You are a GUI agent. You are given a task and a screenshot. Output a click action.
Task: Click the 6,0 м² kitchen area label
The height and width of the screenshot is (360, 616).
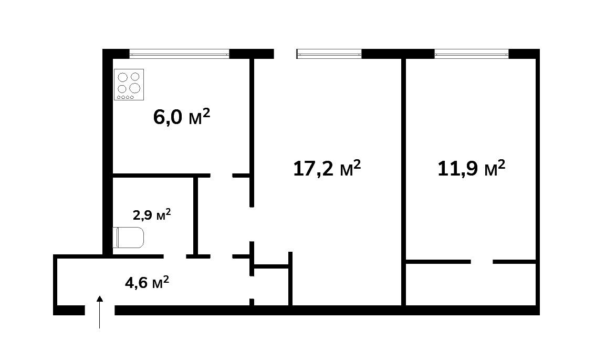point(182,117)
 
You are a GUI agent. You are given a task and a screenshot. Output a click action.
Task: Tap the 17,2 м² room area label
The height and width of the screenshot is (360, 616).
point(327,168)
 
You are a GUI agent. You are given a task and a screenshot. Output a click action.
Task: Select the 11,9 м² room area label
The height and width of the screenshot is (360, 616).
point(471,168)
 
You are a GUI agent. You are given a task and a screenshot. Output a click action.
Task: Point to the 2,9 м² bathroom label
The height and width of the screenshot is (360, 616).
point(152,214)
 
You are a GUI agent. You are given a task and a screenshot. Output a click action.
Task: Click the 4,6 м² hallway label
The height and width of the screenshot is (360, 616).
point(147,282)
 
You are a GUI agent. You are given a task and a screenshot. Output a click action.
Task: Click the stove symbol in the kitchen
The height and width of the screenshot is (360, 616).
point(129,85)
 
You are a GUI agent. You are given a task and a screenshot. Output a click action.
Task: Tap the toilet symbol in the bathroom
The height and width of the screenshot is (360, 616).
point(129,238)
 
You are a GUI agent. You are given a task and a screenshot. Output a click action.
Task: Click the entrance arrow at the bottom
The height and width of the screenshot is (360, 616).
point(100,312)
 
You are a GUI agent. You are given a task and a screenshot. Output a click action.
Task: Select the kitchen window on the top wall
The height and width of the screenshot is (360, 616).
point(179,54)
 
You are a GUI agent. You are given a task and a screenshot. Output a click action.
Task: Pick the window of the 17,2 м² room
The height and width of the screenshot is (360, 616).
point(329,54)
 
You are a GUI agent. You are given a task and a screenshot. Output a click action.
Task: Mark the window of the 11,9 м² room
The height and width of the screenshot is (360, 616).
point(472,54)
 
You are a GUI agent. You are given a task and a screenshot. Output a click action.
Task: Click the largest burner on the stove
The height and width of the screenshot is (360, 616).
point(135,88)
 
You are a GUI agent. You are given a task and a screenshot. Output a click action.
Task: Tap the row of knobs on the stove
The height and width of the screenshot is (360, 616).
point(126,97)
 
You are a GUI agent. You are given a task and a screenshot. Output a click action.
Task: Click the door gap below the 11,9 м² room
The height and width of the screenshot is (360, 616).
point(482,262)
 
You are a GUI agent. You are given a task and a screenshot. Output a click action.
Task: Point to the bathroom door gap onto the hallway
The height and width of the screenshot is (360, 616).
point(175,256)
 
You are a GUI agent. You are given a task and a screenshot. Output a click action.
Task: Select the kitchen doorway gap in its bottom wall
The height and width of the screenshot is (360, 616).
point(222,176)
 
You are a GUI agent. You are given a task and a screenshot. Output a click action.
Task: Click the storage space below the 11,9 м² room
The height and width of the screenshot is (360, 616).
point(471,284)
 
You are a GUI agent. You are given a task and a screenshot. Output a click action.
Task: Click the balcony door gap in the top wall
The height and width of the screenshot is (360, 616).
point(285,54)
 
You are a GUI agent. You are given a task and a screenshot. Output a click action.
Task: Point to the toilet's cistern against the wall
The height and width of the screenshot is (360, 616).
point(116,238)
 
